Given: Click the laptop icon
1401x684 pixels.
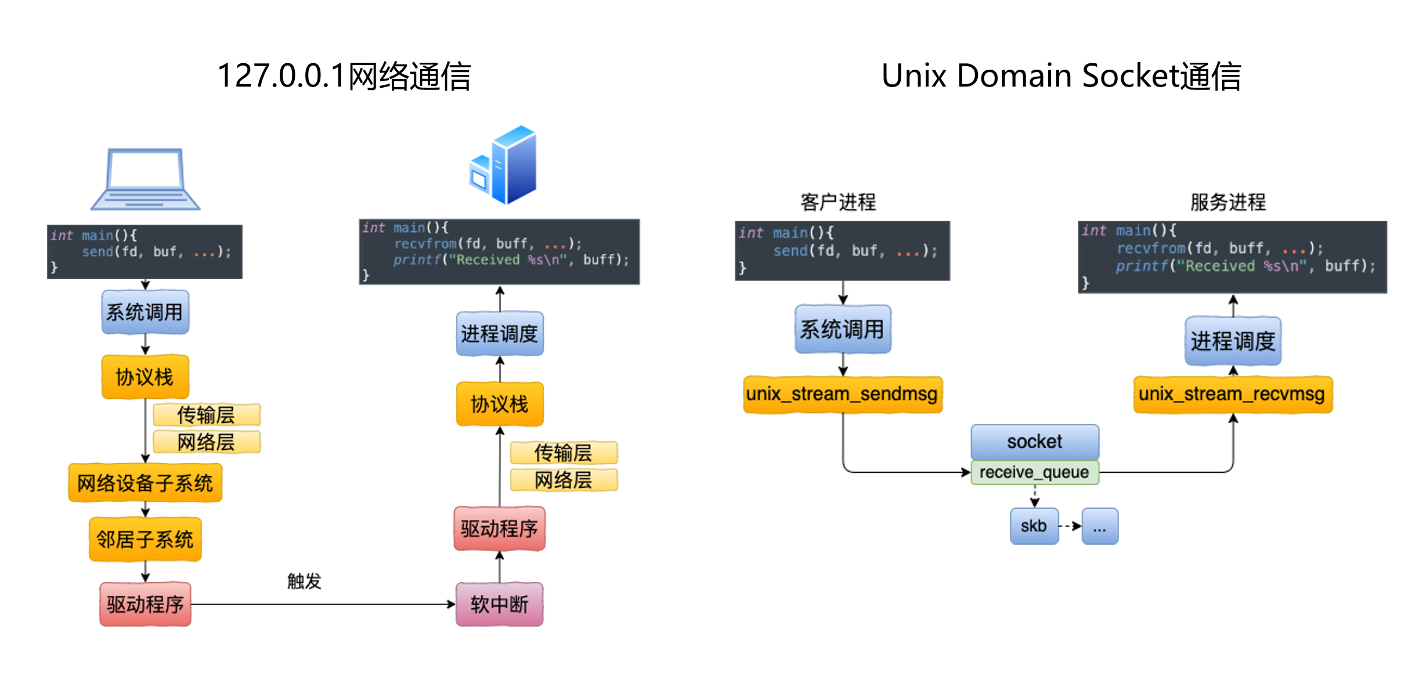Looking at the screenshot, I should click(145, 179).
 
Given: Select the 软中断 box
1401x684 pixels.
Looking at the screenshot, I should click(499, 604).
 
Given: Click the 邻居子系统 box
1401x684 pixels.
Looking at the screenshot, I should click(145, 539).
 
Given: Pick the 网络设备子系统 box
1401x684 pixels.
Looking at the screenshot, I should click(145, 483).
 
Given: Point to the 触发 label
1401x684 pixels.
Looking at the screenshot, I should click(304, 581).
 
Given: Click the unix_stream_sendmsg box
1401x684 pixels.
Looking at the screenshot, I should click(842, 394).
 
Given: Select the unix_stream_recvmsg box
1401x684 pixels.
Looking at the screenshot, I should click(1232, 394).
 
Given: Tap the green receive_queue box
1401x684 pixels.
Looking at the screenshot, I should click(1034, 472).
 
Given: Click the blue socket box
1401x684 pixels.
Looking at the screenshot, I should click(1034, 441).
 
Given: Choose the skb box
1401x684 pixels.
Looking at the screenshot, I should click(1034, 526).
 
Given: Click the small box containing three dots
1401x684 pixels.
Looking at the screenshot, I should click(1100, 526).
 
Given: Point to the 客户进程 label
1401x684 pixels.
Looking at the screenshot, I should click(838, 202).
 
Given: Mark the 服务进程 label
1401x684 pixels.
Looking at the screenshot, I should click(1228, 202).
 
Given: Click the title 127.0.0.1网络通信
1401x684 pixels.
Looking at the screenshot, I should click(344, 76).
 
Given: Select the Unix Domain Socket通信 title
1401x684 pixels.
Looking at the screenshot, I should click(1061, 76).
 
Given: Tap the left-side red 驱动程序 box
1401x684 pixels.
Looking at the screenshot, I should click(145, 604).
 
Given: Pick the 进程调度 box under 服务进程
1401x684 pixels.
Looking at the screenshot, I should click(1233, 341).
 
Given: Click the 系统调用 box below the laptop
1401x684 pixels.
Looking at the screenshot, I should click(145, 312).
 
